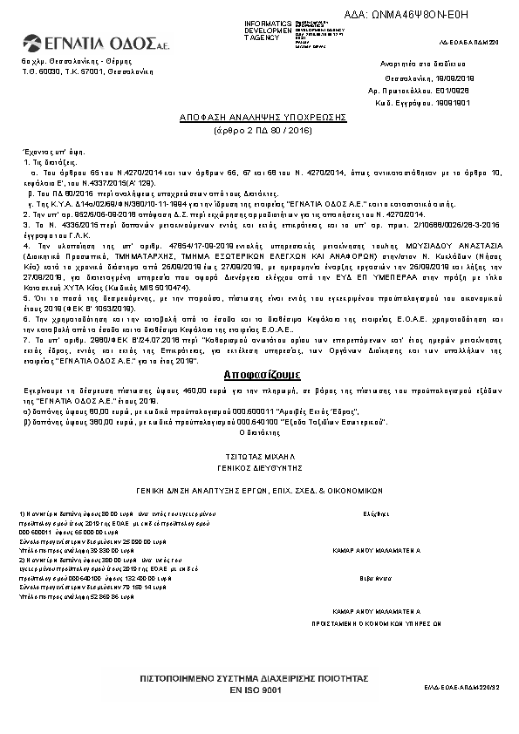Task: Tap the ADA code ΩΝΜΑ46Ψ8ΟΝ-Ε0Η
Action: (420, 15)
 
